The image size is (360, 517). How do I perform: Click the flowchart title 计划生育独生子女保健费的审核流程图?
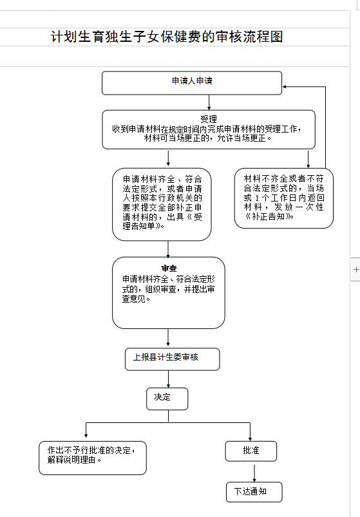[x=167, y=37]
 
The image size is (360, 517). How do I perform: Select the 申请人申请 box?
[x=192, y=83]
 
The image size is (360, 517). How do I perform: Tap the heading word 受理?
[x=209, y=119]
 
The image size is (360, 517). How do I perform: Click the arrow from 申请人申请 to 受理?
[x=209, y=102]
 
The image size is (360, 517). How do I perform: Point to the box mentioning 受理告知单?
[x=162, y=205]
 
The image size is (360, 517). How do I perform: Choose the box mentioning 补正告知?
[x=284, y=198]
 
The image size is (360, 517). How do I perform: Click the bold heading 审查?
[x=169, y=268]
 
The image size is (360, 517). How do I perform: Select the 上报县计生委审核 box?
[x=173, y=359]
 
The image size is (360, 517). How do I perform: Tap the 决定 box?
[x=167, y=399]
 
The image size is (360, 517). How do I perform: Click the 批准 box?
[x=251, y=451]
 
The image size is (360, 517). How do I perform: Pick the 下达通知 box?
[x=254, y=492]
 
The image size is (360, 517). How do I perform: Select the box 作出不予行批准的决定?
[x=93, y=458]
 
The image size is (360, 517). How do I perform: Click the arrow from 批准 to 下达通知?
[x=254, y=473]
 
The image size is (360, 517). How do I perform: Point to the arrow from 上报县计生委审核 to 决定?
[x=169, y=379]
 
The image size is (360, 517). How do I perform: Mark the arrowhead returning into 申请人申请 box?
[x=285, y=87]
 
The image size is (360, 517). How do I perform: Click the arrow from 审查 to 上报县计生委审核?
[x=168, y=337]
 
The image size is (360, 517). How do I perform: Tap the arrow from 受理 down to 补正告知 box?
[x=308, y=159]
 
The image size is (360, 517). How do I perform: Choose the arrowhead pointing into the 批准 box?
[x=251, y=439]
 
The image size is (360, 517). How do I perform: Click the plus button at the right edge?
[x=356, y=269]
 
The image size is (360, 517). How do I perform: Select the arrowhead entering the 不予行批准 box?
[x=86, y=435]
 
